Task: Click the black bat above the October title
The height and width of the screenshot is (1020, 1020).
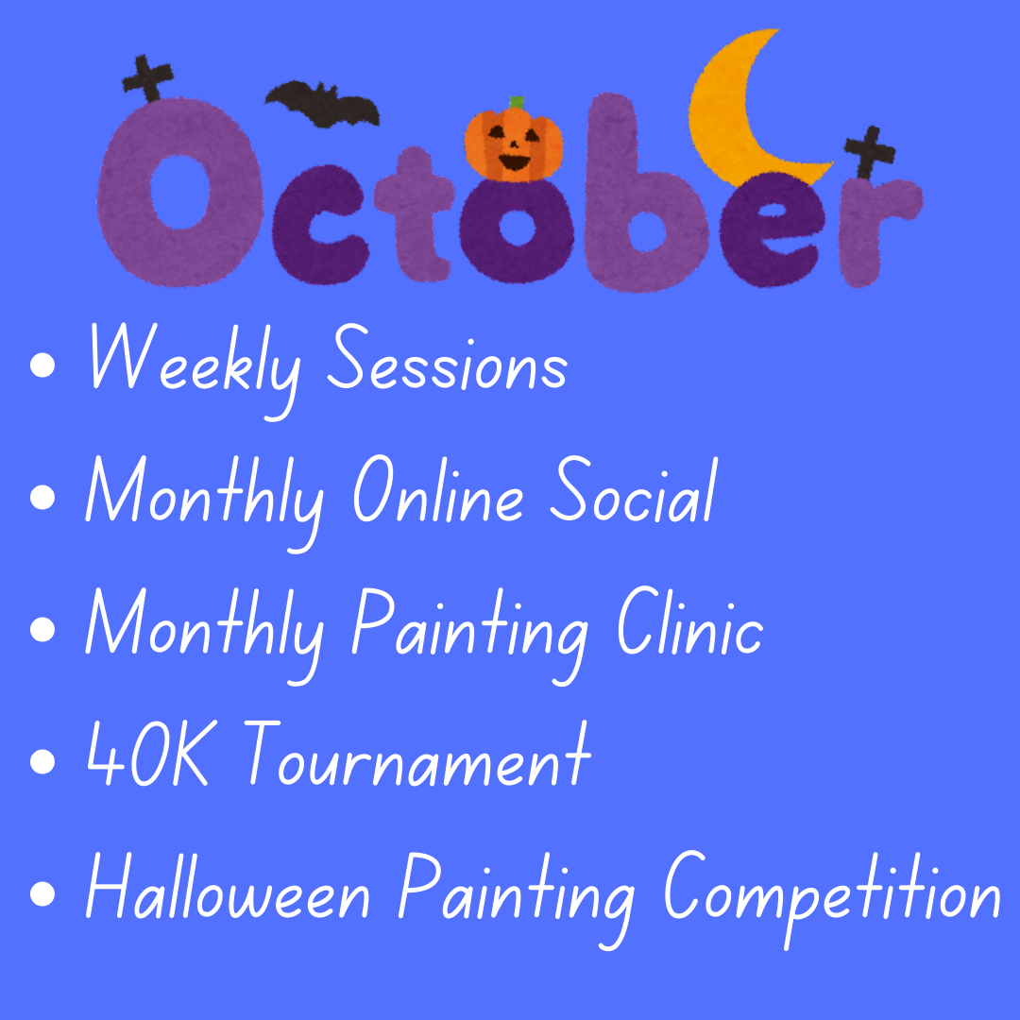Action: (x=322, y=104)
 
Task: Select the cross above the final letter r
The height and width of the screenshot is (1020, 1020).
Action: (x=870, y=152)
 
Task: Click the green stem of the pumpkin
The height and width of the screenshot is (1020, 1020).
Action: (x=518, y=102)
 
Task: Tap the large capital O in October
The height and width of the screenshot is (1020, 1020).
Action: (x=180, y=193)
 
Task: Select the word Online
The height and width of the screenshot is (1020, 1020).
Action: (x=438, y=489)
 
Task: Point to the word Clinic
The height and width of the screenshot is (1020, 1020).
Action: (x=690, y=621)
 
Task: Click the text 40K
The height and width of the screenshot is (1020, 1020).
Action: (x=148, y=753)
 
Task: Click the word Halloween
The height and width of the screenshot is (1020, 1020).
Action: (x=229, y=885)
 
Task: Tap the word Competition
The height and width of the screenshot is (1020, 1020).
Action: (x=832, y=898)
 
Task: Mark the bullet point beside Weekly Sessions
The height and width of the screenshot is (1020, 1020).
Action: (x=42, y=365)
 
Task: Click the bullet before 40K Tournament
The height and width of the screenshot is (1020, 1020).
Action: (x=42, y=761)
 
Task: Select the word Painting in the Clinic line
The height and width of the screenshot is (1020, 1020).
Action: (x=470, y=635)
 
